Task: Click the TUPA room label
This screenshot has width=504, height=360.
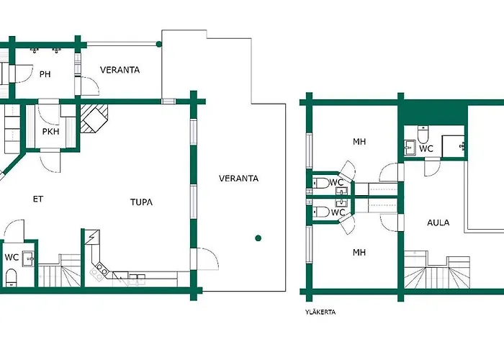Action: coord(141,202)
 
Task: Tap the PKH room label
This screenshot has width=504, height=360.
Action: coord(51,132)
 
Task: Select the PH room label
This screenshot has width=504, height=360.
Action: coord(45,74)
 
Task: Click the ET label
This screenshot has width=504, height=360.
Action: coord(38,199)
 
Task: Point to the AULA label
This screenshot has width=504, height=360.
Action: coord(438,222)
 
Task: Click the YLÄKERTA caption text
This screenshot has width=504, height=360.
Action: coord(320,312)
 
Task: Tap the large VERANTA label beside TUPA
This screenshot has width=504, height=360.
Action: coord(238,179)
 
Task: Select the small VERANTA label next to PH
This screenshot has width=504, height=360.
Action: coord(120,70)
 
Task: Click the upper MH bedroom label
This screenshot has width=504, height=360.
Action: coord(359,141)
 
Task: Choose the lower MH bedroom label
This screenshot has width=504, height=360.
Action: coord(359,252)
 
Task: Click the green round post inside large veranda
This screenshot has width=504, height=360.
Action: coord(258,238)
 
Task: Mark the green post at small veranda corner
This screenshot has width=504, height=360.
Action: coord(159,44)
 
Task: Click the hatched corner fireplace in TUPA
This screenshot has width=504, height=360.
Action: coord(94,118)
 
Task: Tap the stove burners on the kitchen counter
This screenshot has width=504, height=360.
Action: coord(99,270)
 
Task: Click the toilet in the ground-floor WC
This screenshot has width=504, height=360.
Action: coord(12,277)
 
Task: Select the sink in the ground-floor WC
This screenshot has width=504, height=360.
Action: coord(28,258)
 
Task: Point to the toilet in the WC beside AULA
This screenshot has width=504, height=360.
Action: coord(423,135)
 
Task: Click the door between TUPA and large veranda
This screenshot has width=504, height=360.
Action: coord(206,258)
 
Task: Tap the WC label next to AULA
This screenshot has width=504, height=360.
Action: coord(426,148)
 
